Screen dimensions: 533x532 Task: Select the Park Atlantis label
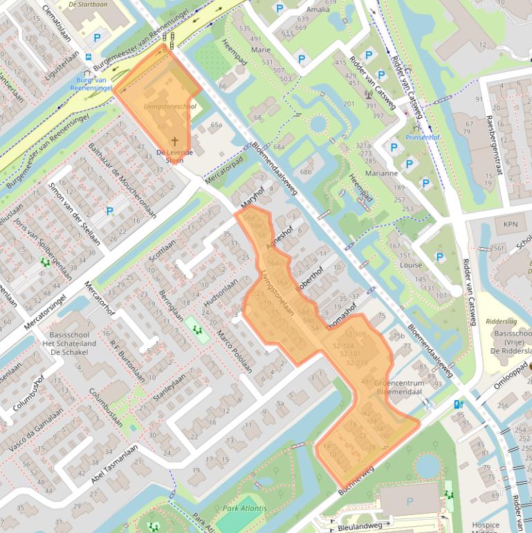click(240, 509)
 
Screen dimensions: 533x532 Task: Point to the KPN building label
click(510, 224)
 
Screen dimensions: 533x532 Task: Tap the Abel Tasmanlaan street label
click(113, 466)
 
